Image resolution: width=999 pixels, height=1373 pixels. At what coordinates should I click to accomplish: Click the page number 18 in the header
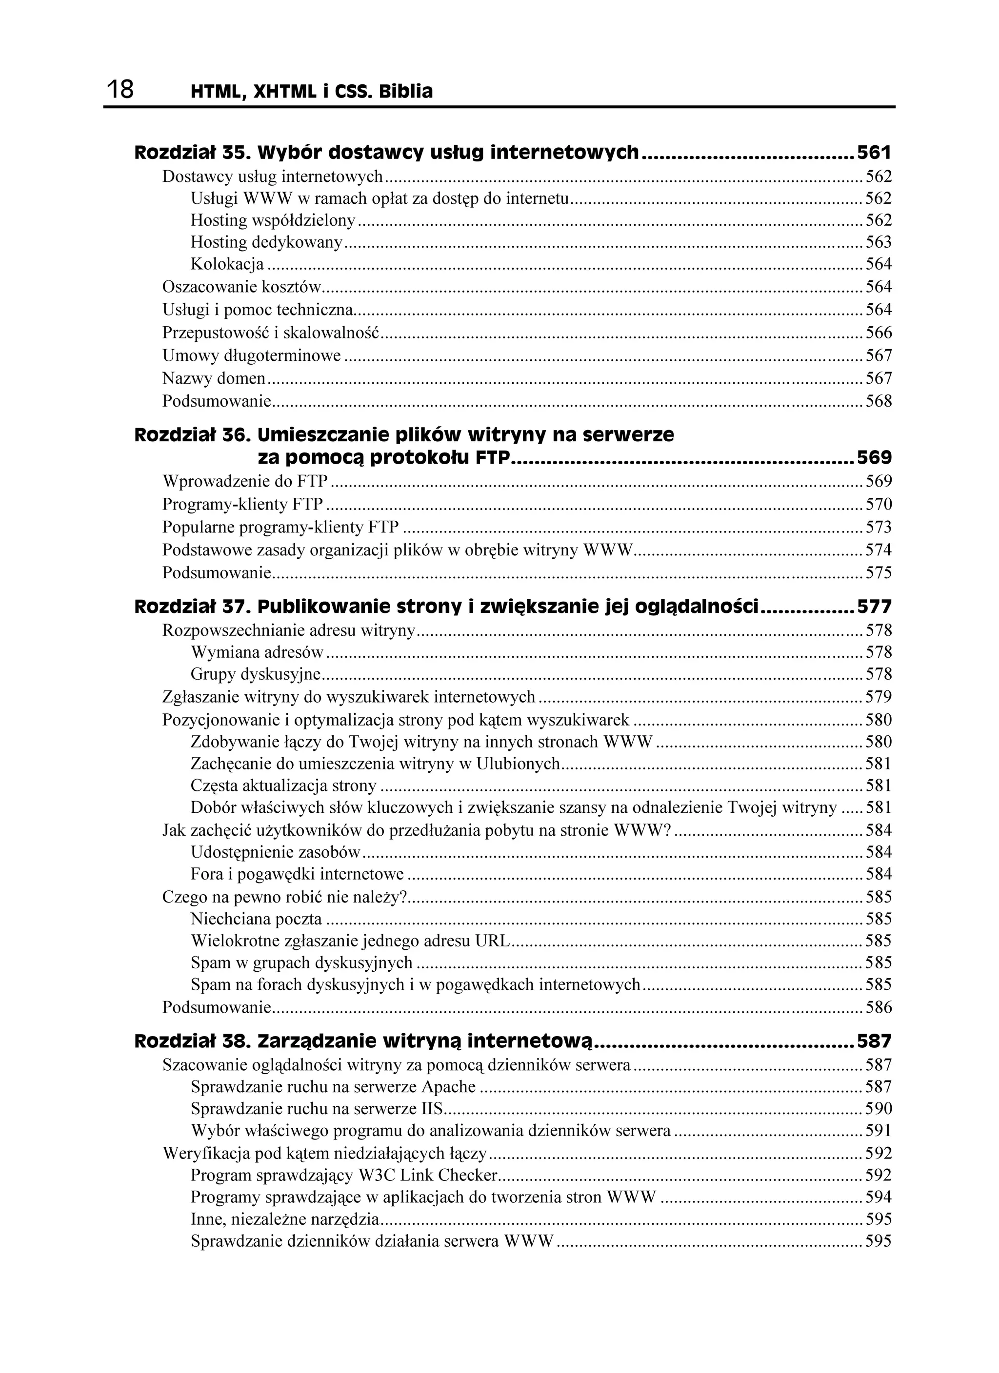tap(120, 90)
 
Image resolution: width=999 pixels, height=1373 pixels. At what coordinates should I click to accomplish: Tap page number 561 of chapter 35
tap(874, 153)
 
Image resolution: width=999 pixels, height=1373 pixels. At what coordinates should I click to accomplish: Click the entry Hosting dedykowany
tap(266, 242)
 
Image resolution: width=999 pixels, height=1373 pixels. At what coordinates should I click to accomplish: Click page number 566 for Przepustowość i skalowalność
tap(879, 333)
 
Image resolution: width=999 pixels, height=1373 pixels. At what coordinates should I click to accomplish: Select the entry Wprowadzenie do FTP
tap(245, 481)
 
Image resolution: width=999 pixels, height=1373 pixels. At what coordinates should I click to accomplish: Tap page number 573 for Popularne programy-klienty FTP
tap(879, 527)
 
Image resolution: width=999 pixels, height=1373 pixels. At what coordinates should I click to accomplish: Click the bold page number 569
tap(874, 458)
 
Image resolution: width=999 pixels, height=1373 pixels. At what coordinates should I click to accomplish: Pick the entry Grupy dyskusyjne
tap(256, 674)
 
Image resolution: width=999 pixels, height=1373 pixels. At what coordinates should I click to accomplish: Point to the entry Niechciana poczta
tap(256, 919)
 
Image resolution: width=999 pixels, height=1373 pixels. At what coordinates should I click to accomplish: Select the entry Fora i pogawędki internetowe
tap(297, 874)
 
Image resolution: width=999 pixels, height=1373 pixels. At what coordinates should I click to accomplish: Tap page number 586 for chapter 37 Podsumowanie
tap(879, 1007)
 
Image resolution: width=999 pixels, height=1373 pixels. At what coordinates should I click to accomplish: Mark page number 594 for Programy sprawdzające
tap(879, 1197)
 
